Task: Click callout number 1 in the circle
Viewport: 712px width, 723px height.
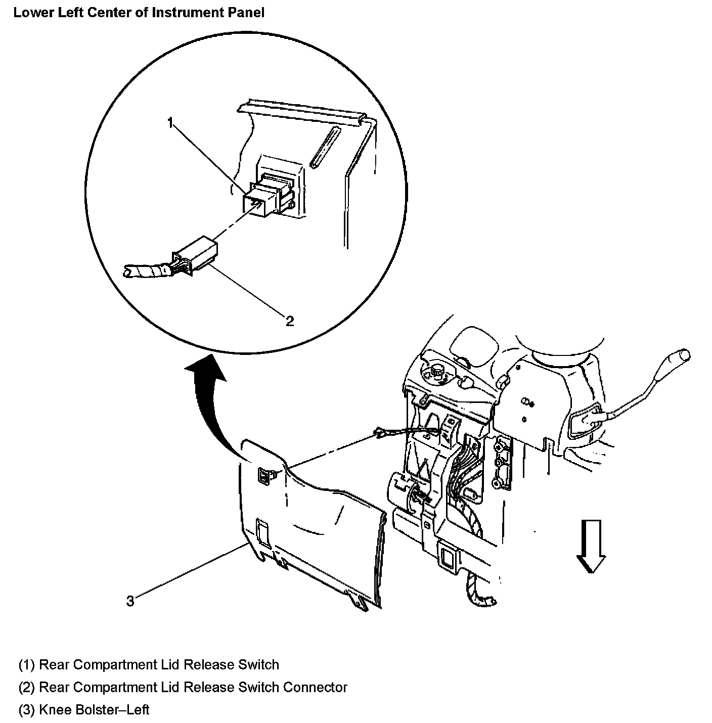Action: pyautogui.click(x=171, y=122)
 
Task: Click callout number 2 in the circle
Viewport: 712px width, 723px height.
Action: pyautogui.click(x=289, y=321)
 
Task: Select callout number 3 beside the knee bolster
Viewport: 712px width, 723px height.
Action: pyautogui.click(x=130, y=601)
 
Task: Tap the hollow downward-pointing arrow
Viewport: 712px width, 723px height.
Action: pyautogui.click(x=591, y=547)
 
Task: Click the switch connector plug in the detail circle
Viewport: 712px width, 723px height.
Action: pyautogui.click(x=195, y=255)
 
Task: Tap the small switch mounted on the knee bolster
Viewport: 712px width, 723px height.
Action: pyautogui.click(x=265, y=476)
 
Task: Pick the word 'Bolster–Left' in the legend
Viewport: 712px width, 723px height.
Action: pyautogui.click(x=112, y=710)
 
